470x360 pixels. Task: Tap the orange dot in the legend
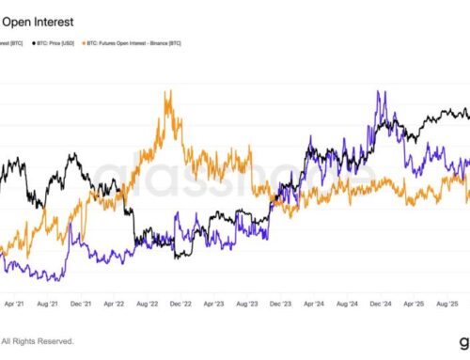point(86,43)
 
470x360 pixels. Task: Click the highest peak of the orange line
point(169,91)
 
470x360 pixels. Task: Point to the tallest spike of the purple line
point(379,91)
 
